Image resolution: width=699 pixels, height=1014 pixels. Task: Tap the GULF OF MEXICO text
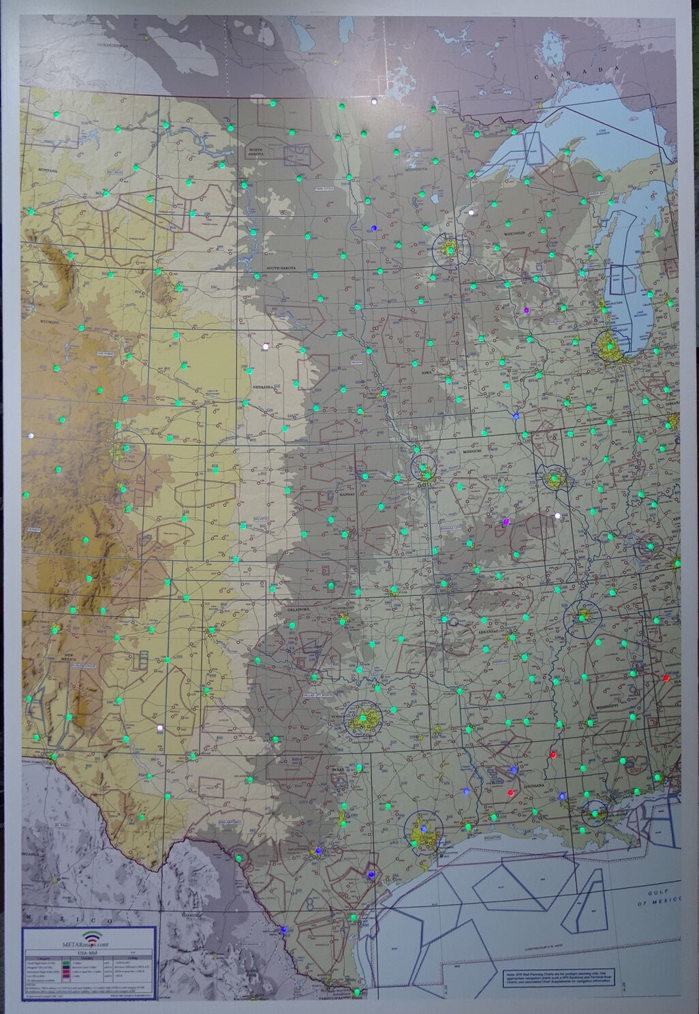(x=657, y=897)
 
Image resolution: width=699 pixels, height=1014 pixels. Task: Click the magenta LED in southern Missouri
(x=506, y=522)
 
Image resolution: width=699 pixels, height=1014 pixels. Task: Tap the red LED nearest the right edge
(x=666, y=678)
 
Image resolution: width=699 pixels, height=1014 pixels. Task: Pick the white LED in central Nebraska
(x=266, y=346)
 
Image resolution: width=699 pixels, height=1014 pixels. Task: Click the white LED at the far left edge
(x=29, y=434)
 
